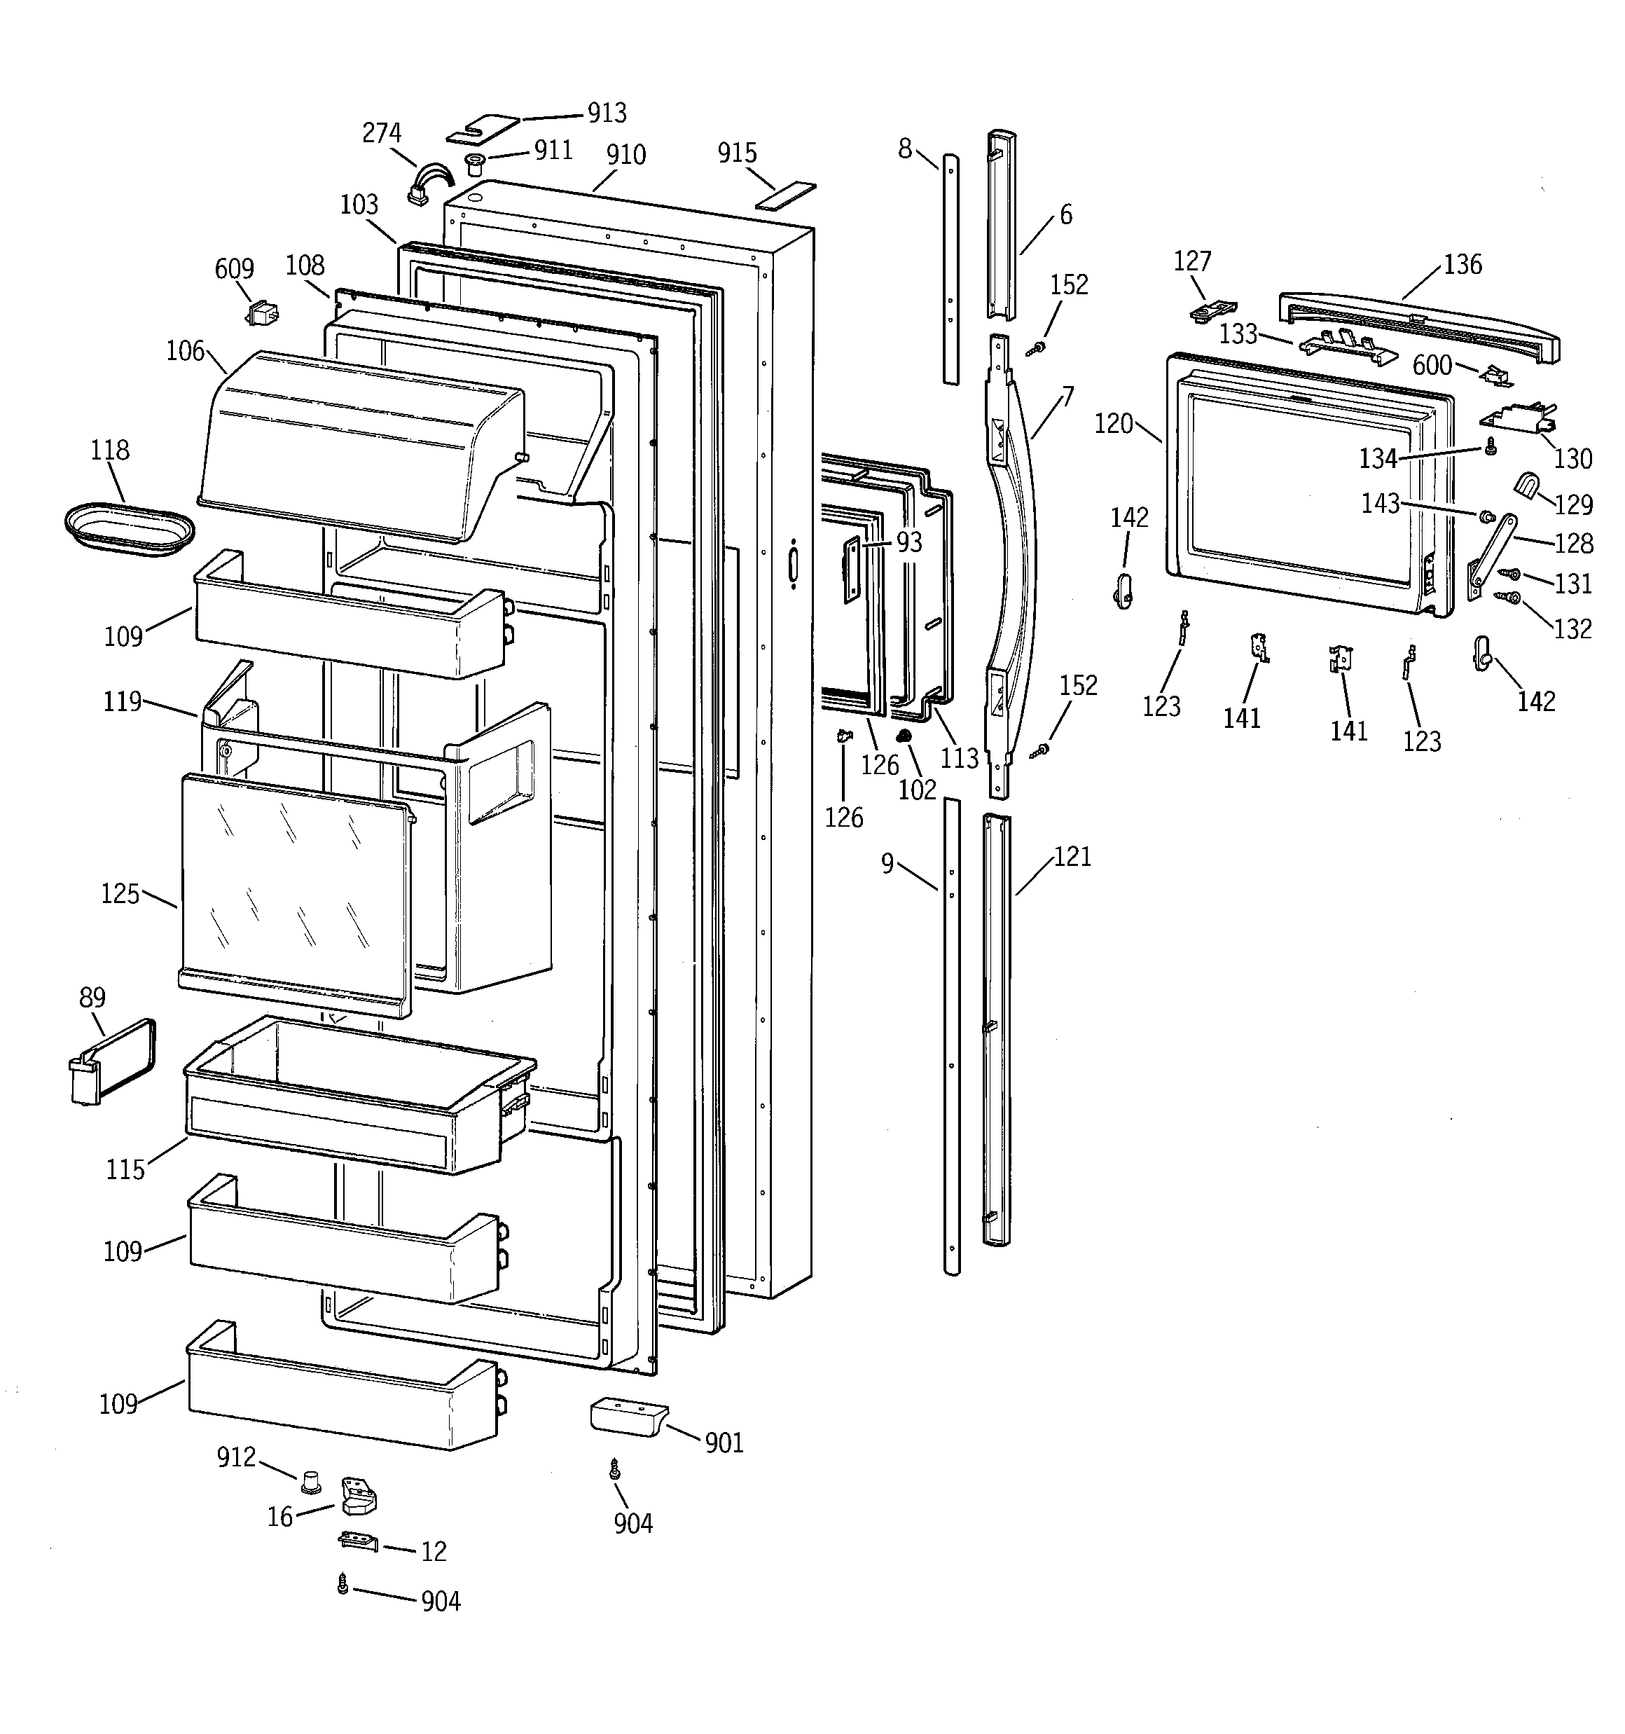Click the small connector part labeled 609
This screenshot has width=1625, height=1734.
pos(261,312)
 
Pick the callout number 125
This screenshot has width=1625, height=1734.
pos(120,894)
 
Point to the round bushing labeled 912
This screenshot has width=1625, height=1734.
pos(310,1480)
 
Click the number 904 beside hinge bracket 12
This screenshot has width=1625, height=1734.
pos(441,1602)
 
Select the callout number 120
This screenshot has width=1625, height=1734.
pos(1114,425)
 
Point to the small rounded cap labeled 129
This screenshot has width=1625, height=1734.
pos(1526,484)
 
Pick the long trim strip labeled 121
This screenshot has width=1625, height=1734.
pos(995,1029)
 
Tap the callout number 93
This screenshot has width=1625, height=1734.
pos(909,542)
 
